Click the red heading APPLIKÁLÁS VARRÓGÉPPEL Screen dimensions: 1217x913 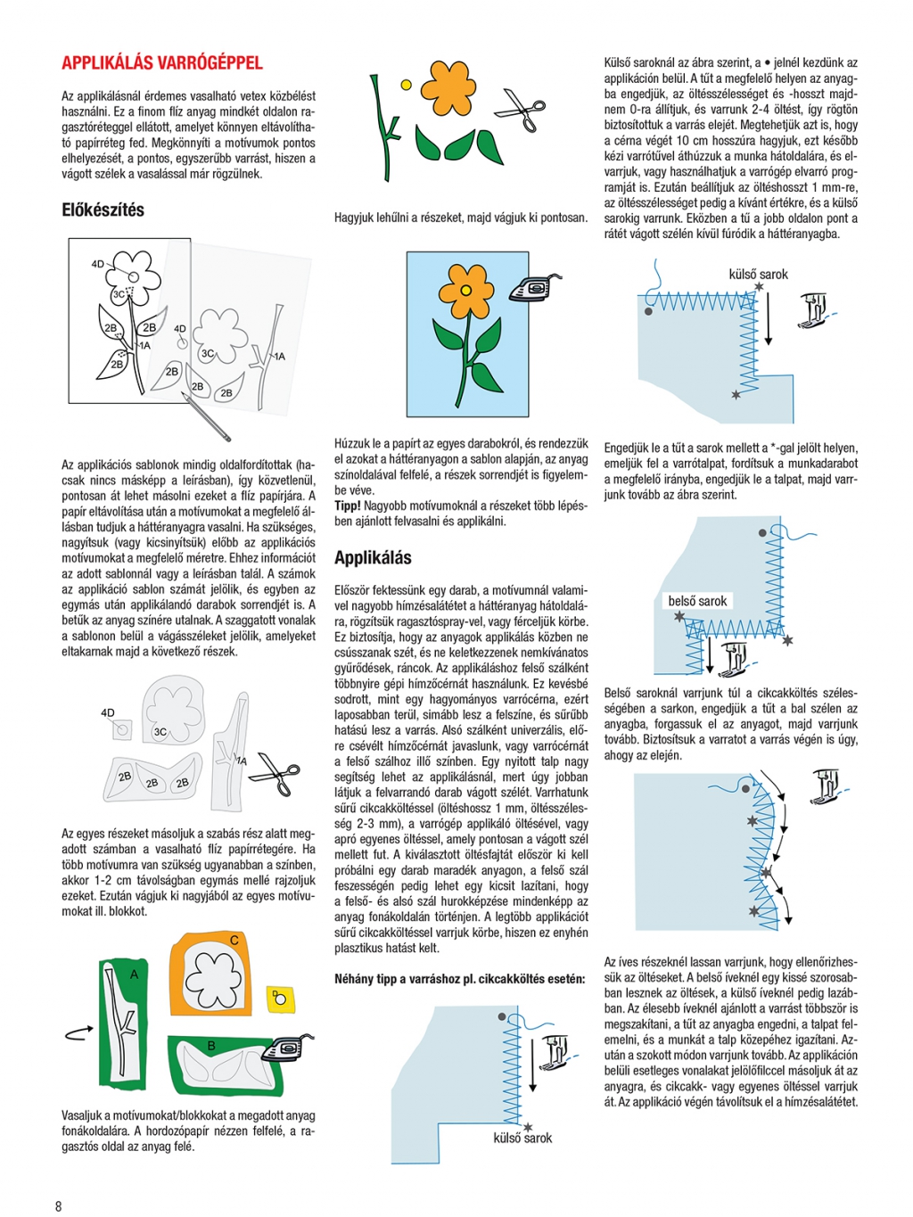coord(161,62)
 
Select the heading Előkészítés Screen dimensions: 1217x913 coord(103,210)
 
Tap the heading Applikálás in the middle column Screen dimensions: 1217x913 coord(373,558)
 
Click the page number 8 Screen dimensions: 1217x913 coord(59,1206)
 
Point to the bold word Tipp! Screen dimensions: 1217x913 coord(348,506)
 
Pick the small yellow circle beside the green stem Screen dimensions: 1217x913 coord(406,85)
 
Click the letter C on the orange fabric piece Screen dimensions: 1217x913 coord(234,940)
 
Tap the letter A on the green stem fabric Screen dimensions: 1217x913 coord(135,974)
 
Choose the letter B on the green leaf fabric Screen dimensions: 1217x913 coord(211,1046)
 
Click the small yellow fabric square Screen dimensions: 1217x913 coord(280,998)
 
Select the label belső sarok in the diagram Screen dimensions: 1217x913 coord(697,601)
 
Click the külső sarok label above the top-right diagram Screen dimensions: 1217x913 coord(758,275)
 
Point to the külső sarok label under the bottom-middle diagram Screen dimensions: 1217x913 coord(522,1139)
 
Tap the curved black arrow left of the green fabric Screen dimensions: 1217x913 coord(78,1032)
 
